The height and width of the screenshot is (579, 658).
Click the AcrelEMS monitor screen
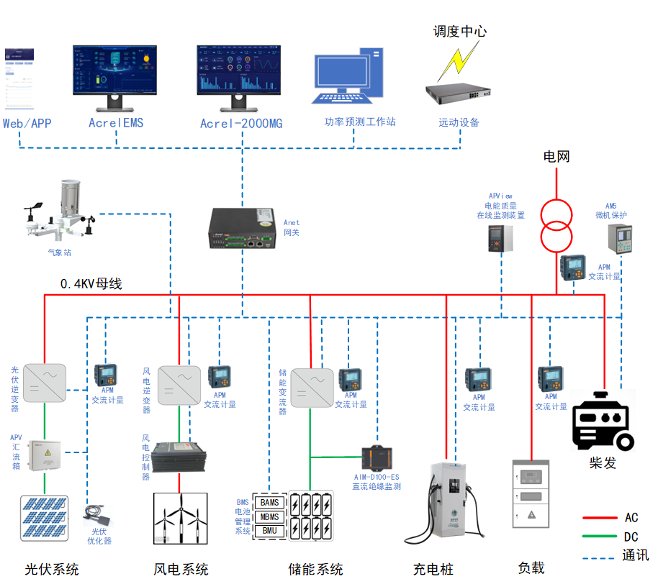point(116,70)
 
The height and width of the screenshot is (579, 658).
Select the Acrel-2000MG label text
point(241,124)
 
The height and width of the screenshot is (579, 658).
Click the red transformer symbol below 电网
point(557,224)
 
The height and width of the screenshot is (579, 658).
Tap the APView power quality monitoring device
point(500,238)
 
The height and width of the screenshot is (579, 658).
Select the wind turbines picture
point(181,518)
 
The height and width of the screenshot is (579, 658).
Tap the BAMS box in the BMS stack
point(270,502)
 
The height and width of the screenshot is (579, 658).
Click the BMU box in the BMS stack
point(270,531)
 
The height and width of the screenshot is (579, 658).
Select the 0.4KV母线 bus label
point(91,284)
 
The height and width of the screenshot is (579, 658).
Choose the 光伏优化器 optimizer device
point(97,516)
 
